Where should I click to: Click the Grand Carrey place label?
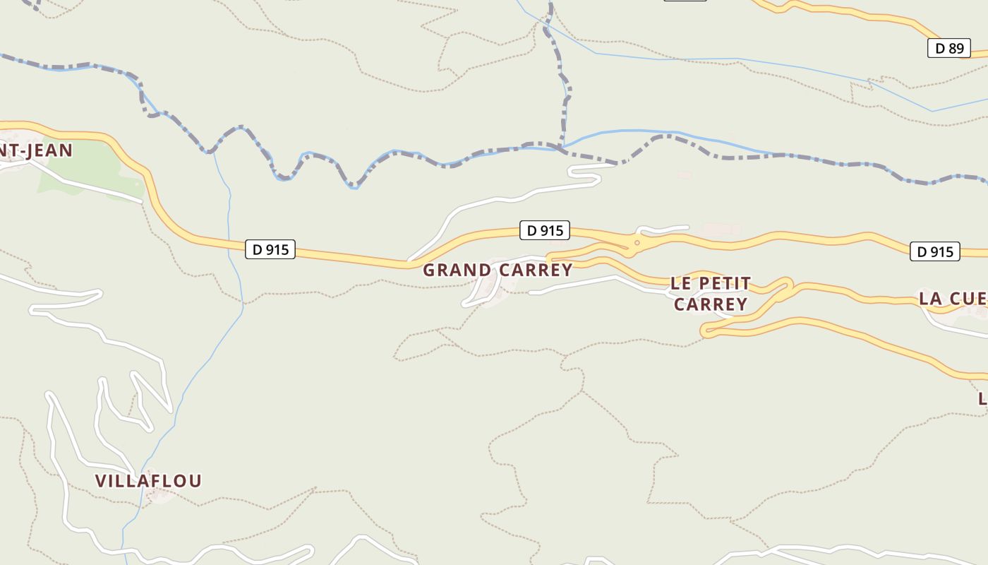point(498,270)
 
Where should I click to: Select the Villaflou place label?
point(148,481)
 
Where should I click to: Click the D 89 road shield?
point(949,48)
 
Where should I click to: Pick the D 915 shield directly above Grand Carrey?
point(544,230)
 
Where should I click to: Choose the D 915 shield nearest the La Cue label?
point(935,251)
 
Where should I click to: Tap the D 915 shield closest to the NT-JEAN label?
point(270,249)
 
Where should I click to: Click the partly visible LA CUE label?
point(953,299)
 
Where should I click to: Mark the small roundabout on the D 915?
point(637,244)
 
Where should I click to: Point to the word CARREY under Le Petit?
point(710,304)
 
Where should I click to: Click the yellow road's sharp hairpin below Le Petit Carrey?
point(705,330)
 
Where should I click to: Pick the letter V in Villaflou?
point(101,481)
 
